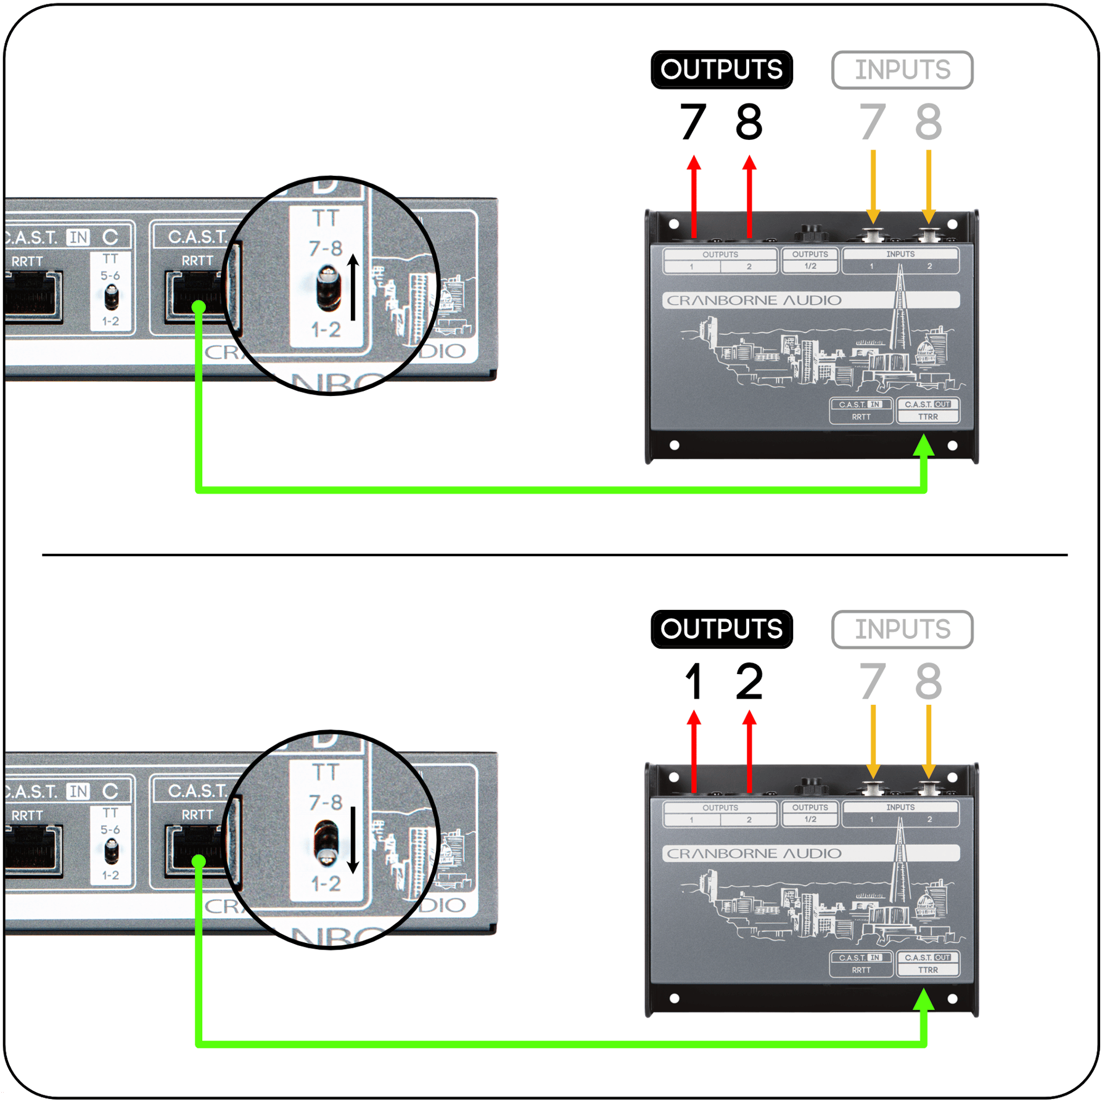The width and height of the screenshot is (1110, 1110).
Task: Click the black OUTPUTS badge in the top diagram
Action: pyautogui.click(x=721, y=70)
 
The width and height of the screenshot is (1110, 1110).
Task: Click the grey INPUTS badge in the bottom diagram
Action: pyautogui.click(x=902, y=629)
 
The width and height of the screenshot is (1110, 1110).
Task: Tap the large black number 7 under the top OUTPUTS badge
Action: pyautogui.click(x=693, y=121)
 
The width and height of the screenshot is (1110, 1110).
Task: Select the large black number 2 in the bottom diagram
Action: pyautogui.click(x=749, y=681)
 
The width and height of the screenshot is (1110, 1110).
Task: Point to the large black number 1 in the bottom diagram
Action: pyautogui.click(x=694, y=681)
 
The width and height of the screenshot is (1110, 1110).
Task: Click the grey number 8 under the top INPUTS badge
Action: pyautogui.click(x=928, y=121)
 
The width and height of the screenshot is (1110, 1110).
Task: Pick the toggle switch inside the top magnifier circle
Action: pyautogui.click(x=328, y=287)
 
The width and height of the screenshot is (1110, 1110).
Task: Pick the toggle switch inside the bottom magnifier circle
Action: pyautogui.click(x=327, y=842)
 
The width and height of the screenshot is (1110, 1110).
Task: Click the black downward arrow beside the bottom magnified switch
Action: pyautogui.click(x=353, y=840)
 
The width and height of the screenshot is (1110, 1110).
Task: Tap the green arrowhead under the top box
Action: pyautogui.click(x=923, y=445)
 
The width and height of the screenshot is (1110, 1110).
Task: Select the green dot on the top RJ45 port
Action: pyautogui.click(x=199, y=306)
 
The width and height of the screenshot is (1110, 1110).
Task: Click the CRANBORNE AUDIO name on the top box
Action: pyautogui.click(x=754, y=300)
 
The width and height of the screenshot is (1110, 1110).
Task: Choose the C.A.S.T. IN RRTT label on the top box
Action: pyautogui.click(x=861, y=411)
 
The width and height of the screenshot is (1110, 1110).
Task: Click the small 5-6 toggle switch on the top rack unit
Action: pyautogui.click(x=112, y=297)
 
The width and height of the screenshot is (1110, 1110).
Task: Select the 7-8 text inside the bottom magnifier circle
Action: pyautogui.click(x=326, y=802)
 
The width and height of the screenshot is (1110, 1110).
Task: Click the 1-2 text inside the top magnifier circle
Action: pyautogui.click(x=326, y=330)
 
